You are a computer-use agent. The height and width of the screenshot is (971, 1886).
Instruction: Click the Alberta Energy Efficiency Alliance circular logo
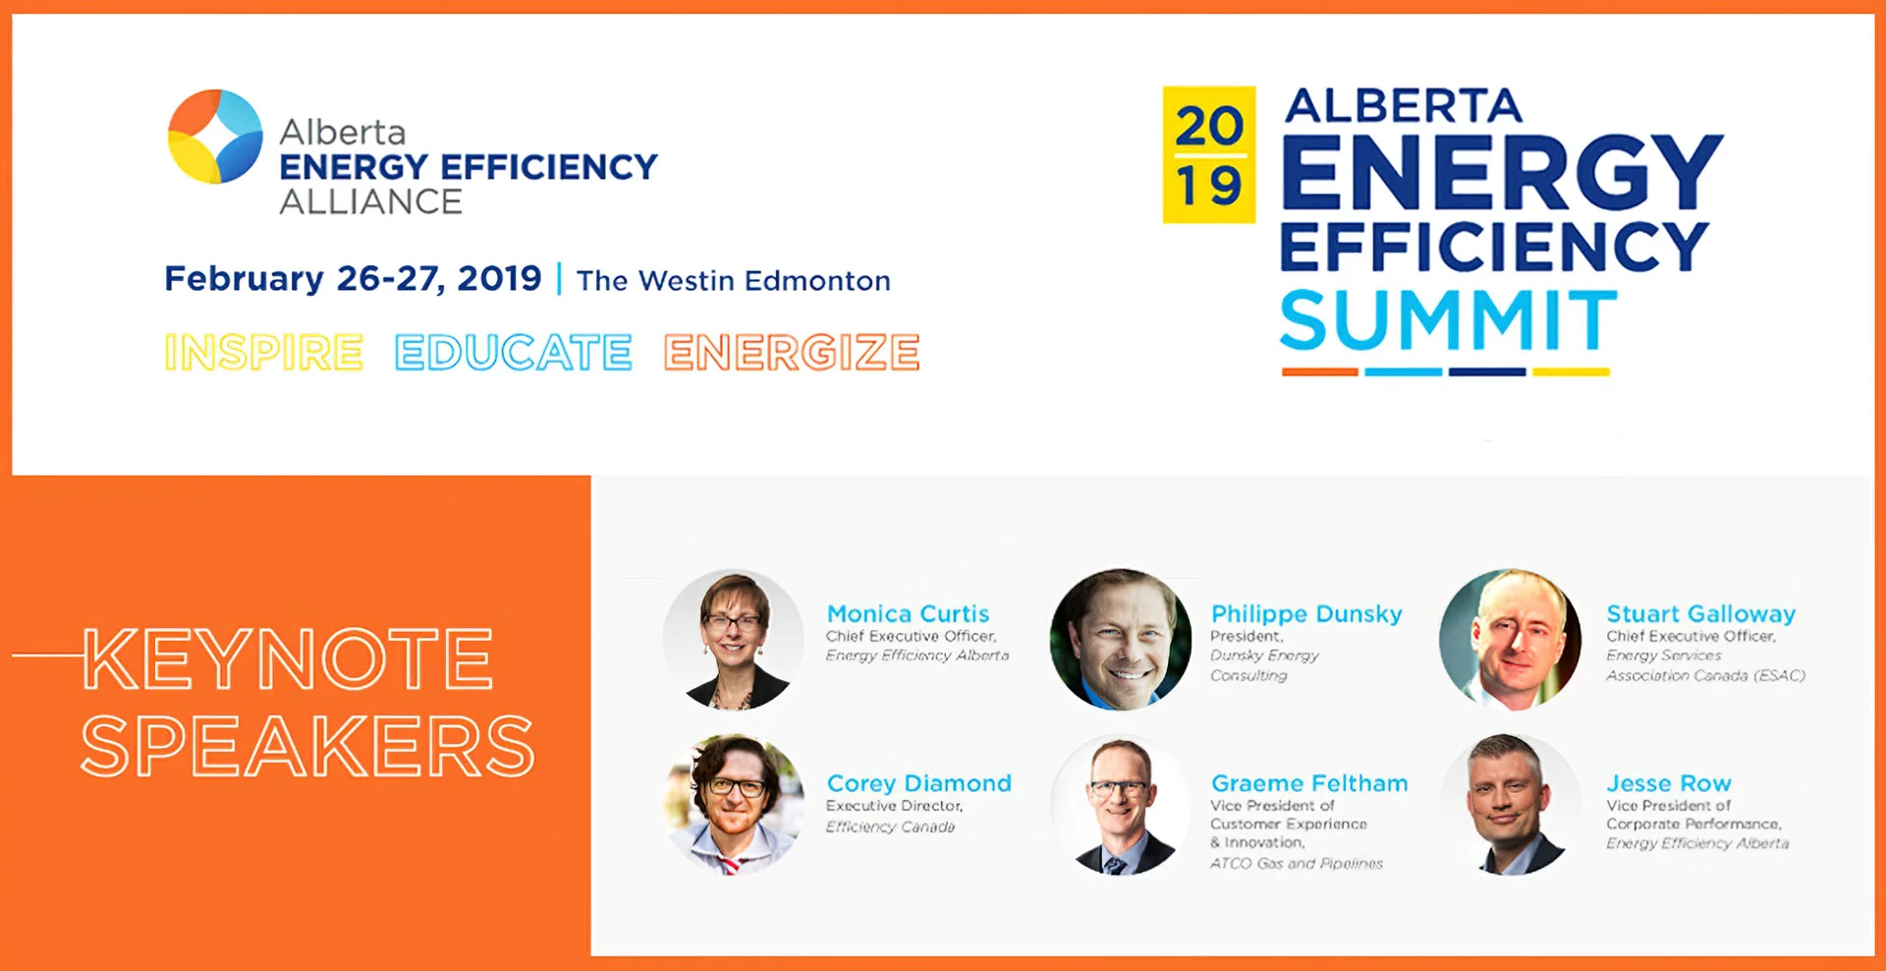215,137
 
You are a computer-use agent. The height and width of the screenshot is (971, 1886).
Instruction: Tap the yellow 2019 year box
1208,154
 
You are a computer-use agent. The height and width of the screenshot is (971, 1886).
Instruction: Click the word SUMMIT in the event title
1448,320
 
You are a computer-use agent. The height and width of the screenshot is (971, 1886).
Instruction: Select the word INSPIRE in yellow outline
264,353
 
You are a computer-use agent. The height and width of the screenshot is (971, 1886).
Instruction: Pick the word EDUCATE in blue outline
513,353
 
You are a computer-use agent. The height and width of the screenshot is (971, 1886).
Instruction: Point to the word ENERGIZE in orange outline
792,353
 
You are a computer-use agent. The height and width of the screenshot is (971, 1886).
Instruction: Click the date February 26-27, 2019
353,279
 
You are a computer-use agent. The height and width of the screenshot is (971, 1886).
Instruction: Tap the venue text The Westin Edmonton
733,281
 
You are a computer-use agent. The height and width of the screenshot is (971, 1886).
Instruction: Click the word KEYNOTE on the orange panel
287,658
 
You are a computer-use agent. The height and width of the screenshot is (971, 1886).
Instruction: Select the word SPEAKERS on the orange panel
307,746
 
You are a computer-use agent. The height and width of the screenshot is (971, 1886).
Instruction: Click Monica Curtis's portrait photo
733,639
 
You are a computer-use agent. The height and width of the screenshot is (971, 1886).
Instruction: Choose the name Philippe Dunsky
1305,614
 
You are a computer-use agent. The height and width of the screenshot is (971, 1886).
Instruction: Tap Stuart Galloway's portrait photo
1510,639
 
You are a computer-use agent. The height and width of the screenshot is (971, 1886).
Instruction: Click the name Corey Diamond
918,783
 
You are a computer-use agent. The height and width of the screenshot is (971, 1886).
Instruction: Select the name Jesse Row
1668,783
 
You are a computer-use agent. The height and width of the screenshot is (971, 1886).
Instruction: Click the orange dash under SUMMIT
1319,372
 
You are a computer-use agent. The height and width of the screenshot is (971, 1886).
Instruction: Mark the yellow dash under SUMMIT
1571,372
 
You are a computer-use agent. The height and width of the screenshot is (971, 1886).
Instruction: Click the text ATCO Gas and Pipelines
1296,864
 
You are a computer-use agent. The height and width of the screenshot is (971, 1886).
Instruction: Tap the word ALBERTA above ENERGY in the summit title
1403,106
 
